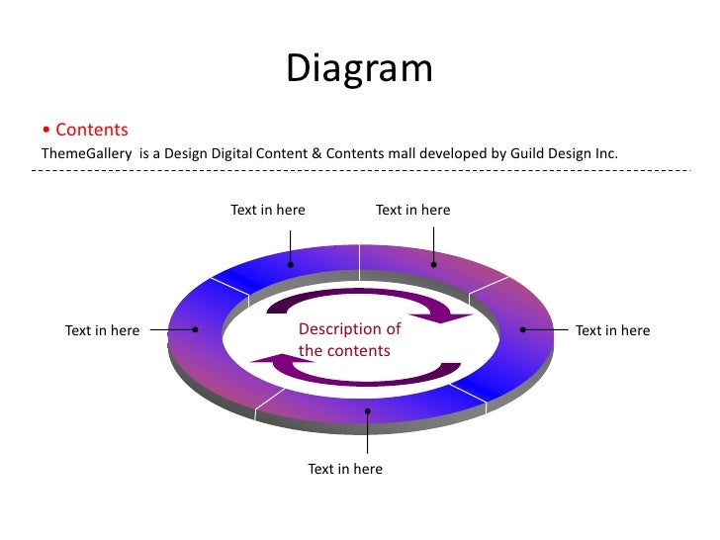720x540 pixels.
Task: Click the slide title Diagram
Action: tap(360, 68)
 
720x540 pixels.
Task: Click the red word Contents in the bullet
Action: tap(92, 130)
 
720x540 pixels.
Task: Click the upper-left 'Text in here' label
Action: tap(268, 210)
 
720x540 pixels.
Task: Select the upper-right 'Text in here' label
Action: tap(412, 210)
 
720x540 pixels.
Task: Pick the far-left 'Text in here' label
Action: tap(102, 330)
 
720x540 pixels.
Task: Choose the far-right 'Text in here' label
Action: tap(612, 330)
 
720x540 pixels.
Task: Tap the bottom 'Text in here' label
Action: tap(345, 469)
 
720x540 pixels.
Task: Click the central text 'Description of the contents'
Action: tap(349, 339)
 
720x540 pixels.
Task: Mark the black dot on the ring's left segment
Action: tap(196, 330)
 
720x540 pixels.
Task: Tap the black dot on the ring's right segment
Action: tap(523, 329)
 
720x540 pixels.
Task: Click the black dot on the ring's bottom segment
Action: tap(368, 411)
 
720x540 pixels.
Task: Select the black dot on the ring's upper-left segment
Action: tap(291, 264)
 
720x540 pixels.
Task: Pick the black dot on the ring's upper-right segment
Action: tap(434, 264)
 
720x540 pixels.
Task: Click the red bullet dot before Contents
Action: tap(45, 131)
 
